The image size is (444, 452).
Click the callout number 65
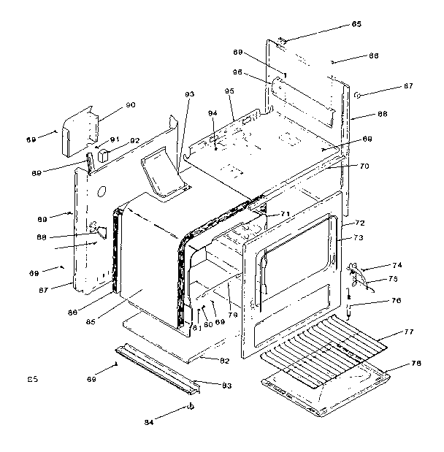pos(356,25)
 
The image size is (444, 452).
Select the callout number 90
pos(131,105)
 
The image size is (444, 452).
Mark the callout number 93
pos(190,94)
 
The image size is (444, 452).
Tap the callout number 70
pos(364,166)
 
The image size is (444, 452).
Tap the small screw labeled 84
pos(191,406)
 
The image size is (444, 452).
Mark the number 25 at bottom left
pos(32,378)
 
